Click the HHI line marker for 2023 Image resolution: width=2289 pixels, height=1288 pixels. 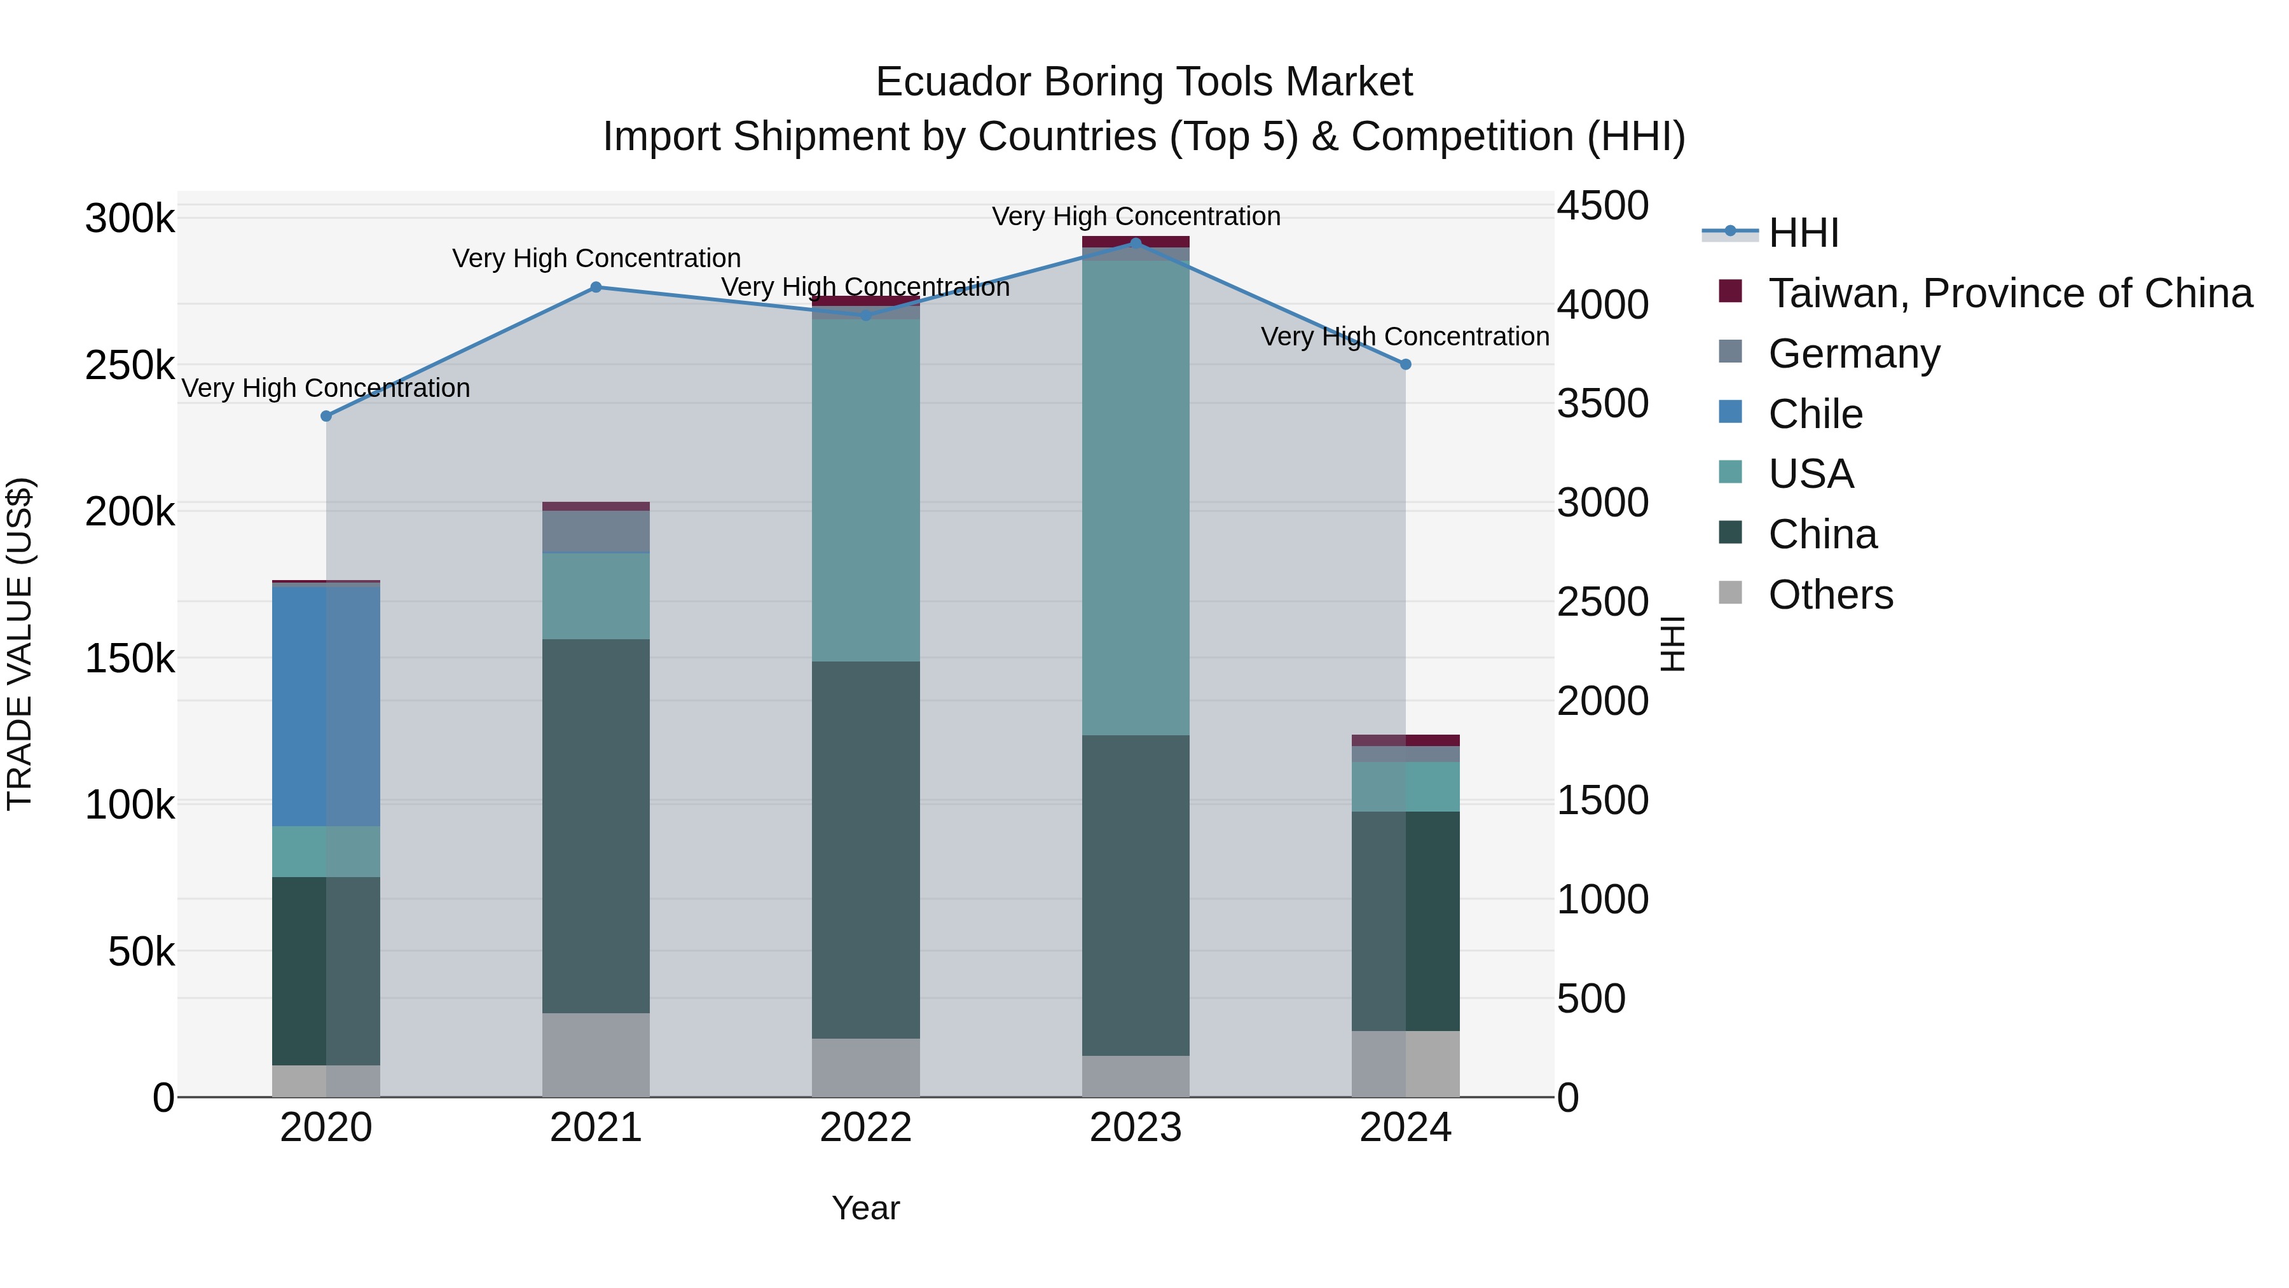click(1136, 243)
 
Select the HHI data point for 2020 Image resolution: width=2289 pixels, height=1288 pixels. click(326, 416)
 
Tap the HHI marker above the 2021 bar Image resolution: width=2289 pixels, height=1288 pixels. click(596, 287)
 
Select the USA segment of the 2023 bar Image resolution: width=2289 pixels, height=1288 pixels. click(1136, 498)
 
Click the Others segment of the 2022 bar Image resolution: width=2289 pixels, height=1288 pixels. click(865, 1067)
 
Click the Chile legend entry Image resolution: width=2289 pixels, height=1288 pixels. click(1815, 414)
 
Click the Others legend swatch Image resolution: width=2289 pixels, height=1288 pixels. click(1731, 593)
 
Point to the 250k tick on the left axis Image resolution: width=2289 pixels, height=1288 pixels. click(130, 365)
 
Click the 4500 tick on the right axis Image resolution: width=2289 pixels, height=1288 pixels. click(1603, 205)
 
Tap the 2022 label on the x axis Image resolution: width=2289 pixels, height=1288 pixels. click(865, 1128)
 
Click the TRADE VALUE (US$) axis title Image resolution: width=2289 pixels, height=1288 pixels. click(20, 644)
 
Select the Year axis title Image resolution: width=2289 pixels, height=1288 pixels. click(865, 1208)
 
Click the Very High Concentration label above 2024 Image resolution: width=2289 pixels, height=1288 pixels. click(1405, 337)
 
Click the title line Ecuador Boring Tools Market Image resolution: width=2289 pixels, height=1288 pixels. click(1144, 82)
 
